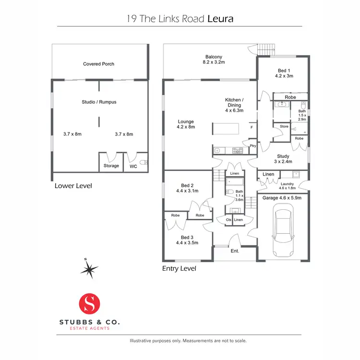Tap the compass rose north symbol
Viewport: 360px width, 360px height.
(89, 270)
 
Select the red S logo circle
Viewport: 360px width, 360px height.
(91, 303)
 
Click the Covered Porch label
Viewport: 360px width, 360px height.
(98, 64)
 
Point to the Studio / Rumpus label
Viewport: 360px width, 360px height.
(99, 102)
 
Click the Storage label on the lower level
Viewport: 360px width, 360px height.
(111, 166)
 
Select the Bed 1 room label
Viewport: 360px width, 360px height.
(283, 72)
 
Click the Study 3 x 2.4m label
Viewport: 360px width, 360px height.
(282, 158)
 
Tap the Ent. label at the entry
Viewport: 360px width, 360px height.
(235, 251)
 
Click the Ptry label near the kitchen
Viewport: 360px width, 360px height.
(252, 145)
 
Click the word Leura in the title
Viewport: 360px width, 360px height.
(220, 19)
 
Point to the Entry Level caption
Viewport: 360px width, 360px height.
(179, 268)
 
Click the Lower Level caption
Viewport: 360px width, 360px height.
(73, 186)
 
